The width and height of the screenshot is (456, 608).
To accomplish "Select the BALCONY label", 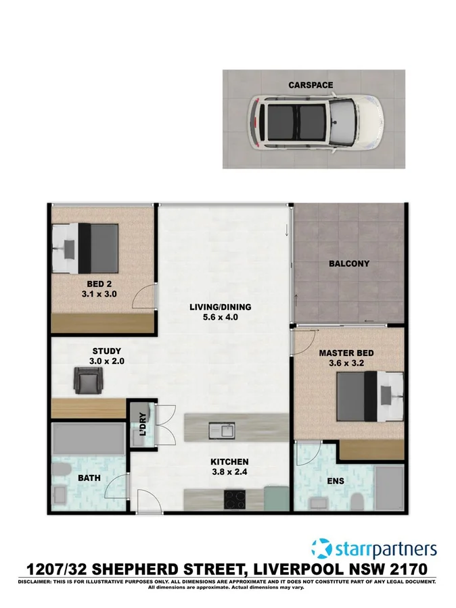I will point(348,263).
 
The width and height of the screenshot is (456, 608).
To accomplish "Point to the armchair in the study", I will point(87,381).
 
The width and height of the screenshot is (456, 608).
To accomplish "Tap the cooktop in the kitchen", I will point(235,499).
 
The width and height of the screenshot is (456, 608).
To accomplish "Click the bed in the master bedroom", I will point(370,397).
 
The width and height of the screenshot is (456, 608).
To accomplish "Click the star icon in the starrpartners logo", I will point(322,549).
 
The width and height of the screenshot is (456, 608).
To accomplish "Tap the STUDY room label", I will point(106,351).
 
